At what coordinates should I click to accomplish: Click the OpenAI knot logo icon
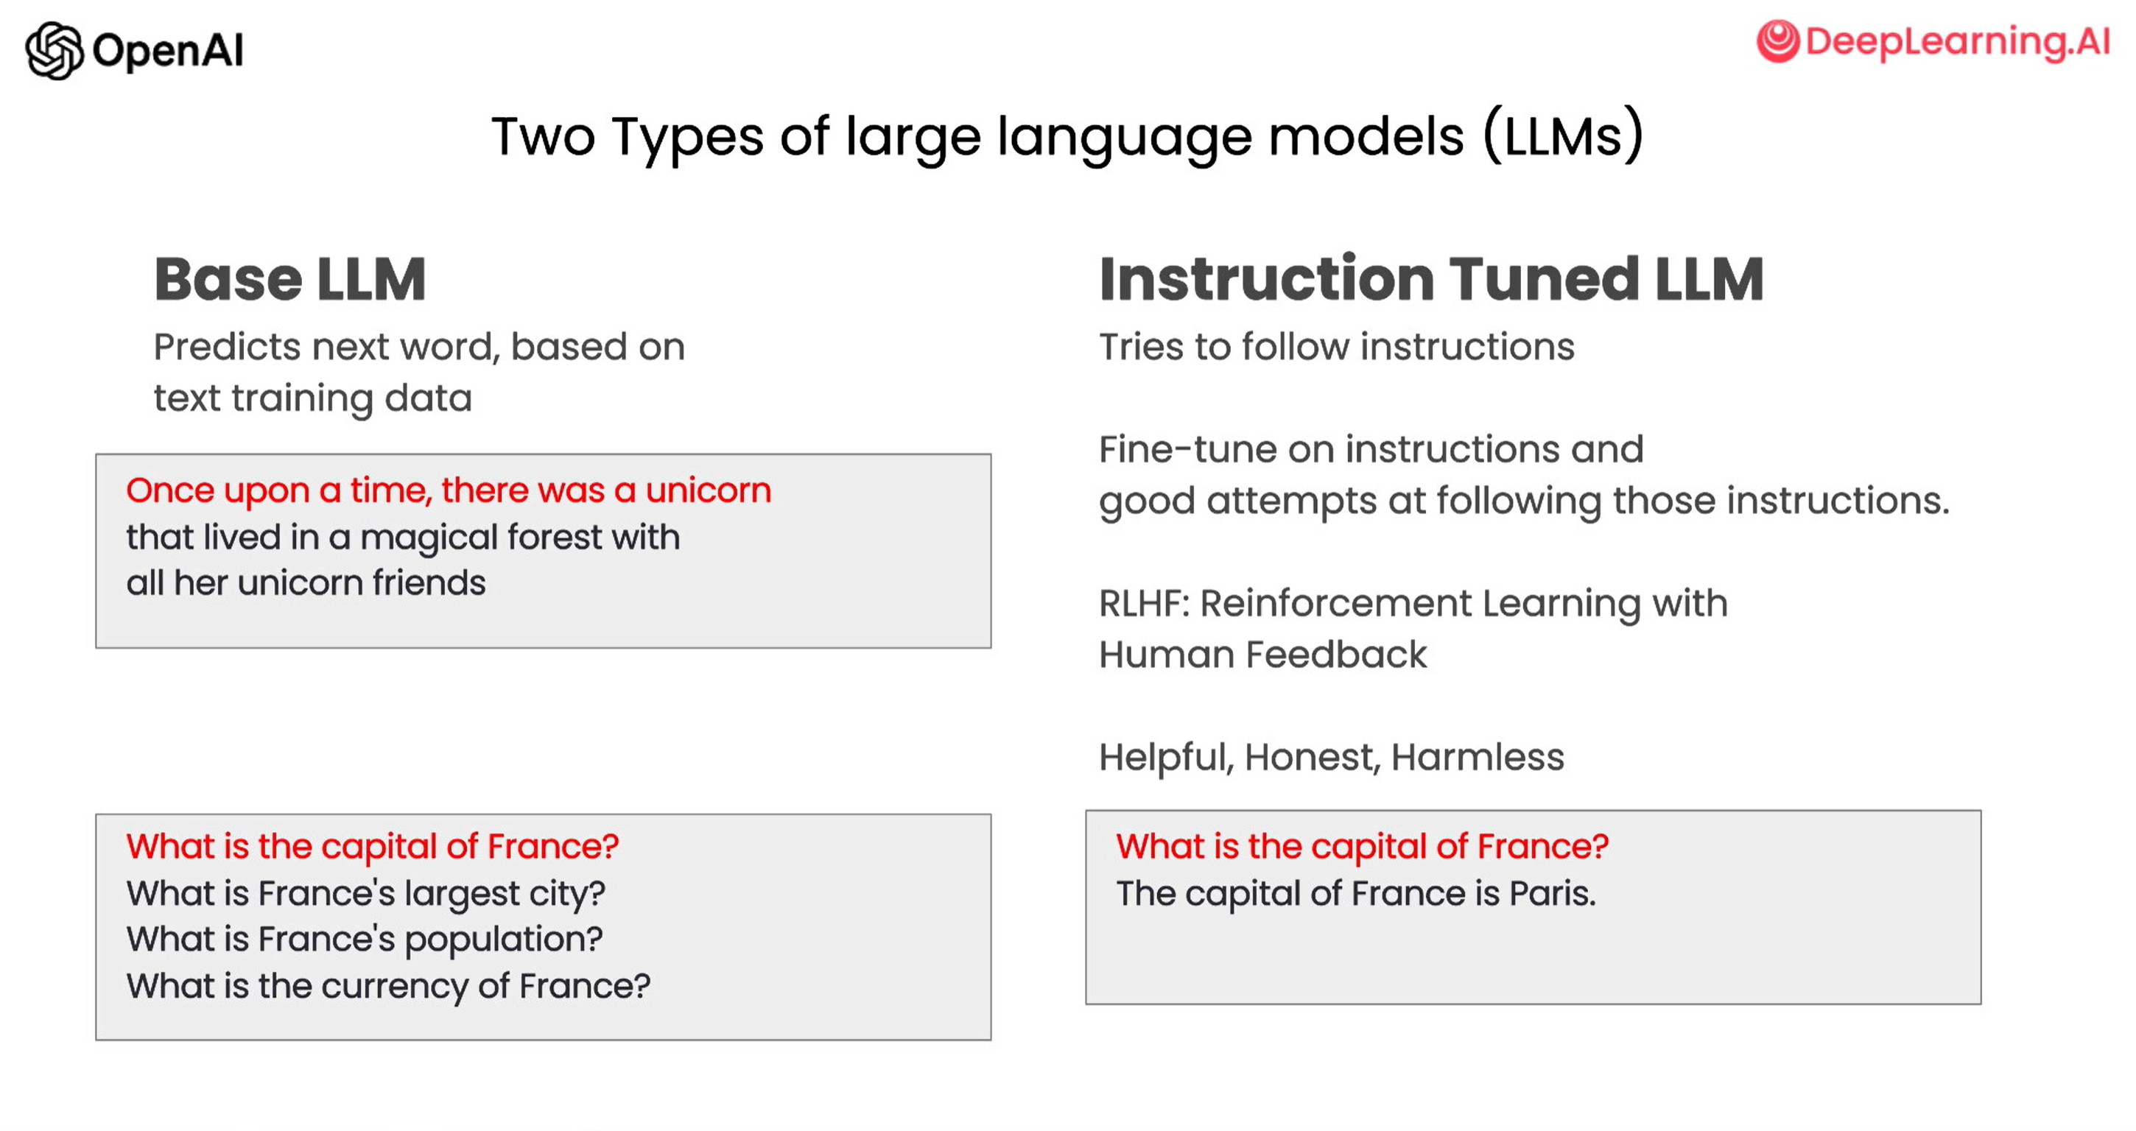[55, 51]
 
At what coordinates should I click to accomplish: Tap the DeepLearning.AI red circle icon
[1778, 40]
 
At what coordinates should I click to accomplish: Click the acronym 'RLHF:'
[1145, 604]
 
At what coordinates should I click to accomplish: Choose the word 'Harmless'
[1478, 757]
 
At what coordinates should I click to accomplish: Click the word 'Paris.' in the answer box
[1552, 894]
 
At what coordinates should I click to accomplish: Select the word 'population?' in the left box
[503, 940]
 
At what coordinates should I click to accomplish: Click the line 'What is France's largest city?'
[365, 894]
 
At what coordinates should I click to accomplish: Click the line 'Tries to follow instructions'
[1337, 347]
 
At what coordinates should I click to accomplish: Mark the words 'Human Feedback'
[1263, 655]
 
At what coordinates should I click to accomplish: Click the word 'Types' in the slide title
[687, 138]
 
